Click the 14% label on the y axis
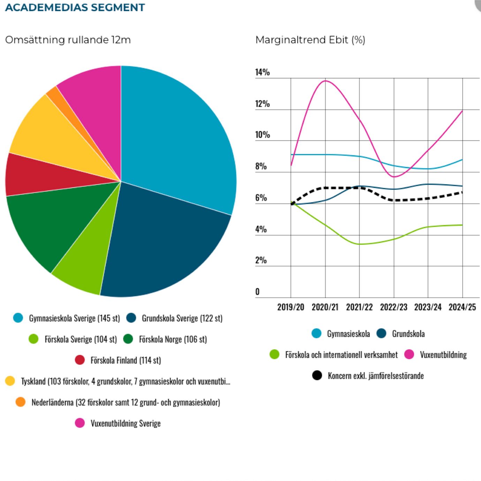[x=262, y=72]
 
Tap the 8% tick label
[x=261, y=166]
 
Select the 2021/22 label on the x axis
[x=359, y=307]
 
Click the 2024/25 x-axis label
[x=462, y=307]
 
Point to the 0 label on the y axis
[x=257, y=292]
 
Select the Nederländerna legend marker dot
[x=21, y=402]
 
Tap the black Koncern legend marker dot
[x=317, y=375]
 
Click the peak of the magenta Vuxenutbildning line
[x=326, y=81]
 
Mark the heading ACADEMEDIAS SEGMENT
[x=75, y=7]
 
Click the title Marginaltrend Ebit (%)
[x=310, y=40]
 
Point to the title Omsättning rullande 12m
[x=68, y=40]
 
